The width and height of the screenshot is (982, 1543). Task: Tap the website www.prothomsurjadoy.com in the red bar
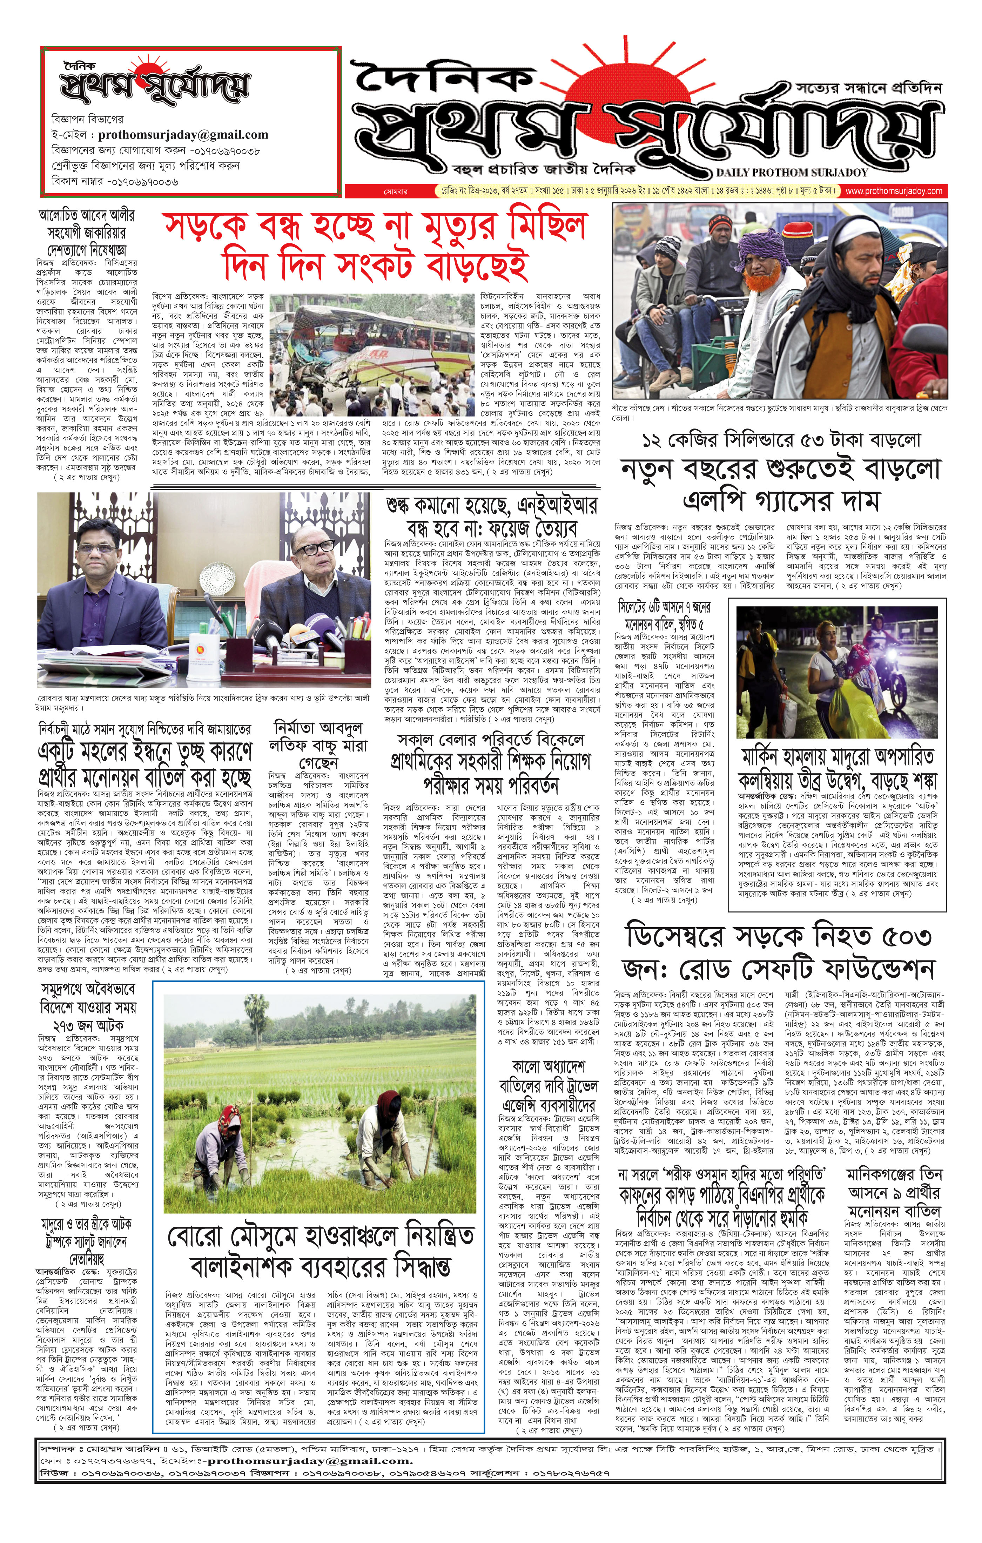pyautogui.click(x=894, y=191)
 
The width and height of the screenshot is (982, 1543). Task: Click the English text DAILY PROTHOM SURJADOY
pyautogui.click(x=792, y=172)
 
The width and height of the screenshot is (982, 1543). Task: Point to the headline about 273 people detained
pyautogui.click(x=87, y=1007)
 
